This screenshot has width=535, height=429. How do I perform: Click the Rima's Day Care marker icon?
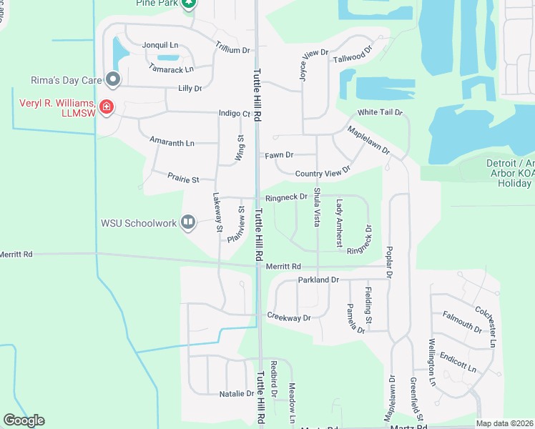112,79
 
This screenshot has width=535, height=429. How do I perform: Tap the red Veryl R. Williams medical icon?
106,107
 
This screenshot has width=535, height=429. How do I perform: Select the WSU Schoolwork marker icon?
188,223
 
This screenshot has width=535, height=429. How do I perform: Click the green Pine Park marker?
188,4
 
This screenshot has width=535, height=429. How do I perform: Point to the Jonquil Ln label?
160,45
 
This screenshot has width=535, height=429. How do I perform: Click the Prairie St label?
182,176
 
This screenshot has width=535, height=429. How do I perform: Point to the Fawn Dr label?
279,154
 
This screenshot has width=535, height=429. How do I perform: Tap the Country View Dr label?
323,172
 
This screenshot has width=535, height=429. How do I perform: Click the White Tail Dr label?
381,113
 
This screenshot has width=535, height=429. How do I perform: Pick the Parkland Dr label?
318,280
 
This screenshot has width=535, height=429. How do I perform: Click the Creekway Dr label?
289,317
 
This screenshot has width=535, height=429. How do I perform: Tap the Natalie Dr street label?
237,393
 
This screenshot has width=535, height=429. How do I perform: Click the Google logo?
24,420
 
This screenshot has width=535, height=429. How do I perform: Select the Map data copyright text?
505,423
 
